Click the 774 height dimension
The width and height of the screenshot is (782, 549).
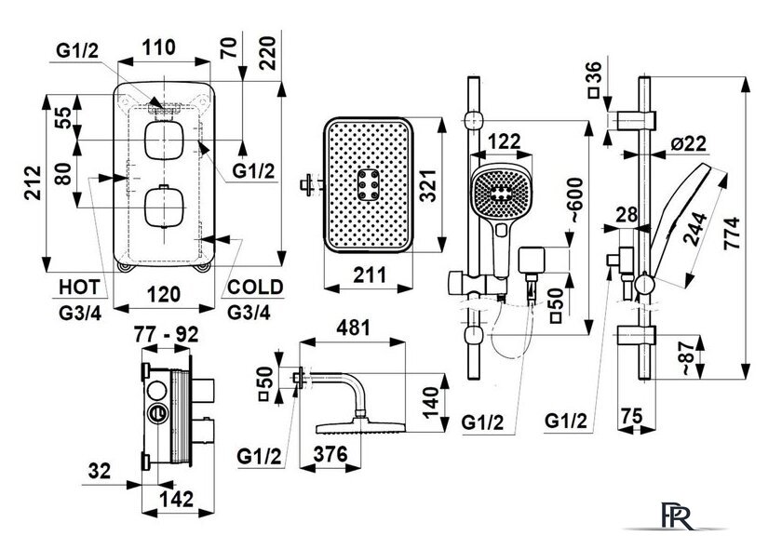733,234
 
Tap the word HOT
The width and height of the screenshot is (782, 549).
79,288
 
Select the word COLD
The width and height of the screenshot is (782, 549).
255,287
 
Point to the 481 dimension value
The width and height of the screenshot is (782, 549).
353,328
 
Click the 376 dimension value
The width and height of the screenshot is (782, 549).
330,454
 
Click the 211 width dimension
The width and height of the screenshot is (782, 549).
370,274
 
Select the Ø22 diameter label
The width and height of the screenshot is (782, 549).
689,143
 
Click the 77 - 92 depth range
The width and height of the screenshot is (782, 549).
166,334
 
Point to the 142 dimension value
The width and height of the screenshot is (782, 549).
176,499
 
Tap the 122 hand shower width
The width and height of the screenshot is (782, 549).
505,141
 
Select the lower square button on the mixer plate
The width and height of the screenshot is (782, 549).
164,207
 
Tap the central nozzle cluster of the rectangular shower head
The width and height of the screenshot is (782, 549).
369,184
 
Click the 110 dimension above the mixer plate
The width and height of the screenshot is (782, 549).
159,47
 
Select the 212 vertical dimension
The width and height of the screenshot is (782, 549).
33,182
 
